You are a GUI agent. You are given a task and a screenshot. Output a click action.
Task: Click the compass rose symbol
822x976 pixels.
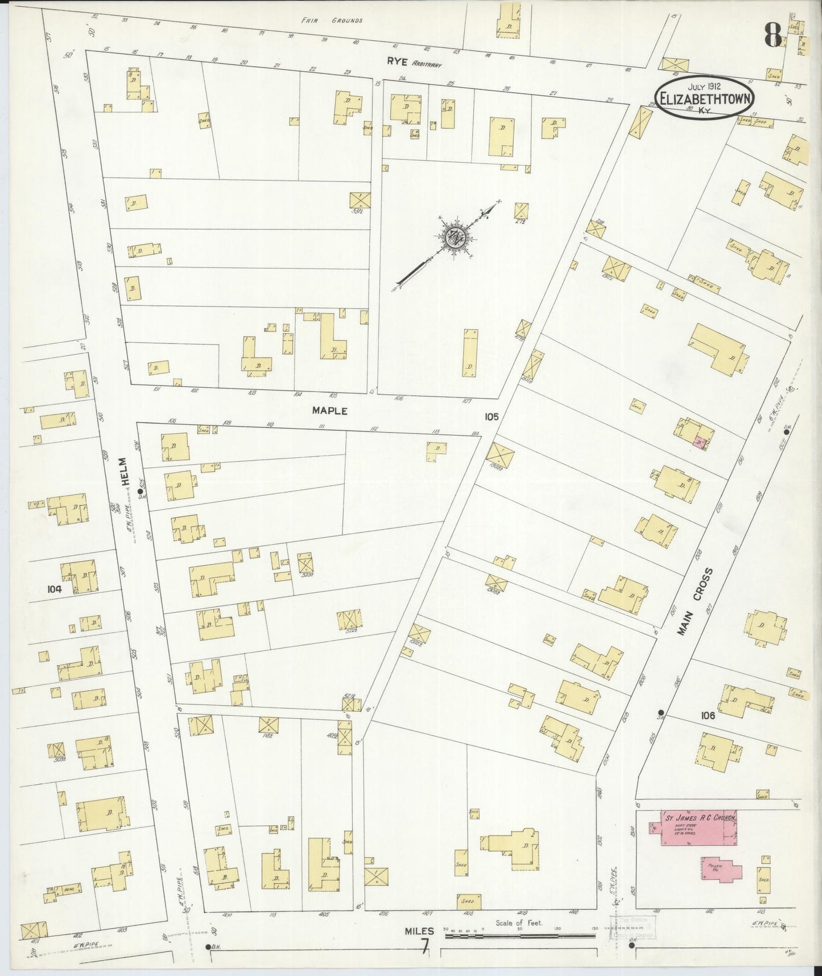(x=455, y=238)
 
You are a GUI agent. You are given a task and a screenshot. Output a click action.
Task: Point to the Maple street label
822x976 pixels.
(x=329, y=410)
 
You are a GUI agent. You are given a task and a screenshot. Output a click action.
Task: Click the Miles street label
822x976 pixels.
(x=419, y=931)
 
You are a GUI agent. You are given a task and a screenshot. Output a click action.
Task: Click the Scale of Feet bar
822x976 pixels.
(x=521, y=935)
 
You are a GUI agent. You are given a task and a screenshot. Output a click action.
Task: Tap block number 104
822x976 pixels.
(x=55, y=589)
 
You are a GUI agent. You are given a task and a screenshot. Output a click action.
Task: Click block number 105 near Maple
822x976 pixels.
(x=491, y=417)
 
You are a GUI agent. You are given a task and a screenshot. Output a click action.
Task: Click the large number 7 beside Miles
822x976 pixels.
(x=424, y=947)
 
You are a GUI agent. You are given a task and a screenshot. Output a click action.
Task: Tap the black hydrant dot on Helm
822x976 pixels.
(x=140, y=490)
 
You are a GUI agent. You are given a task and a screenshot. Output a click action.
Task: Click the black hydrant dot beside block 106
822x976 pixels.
(x=660, y=713)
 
